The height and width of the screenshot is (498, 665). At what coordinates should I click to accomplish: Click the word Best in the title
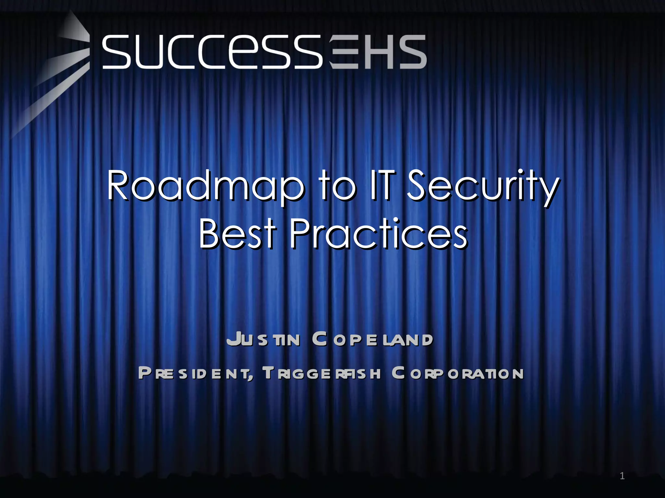237,233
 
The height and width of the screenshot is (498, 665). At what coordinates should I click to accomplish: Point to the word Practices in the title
378,233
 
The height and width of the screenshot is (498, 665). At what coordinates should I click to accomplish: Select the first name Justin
263,339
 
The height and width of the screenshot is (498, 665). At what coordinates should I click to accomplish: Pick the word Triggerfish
321,373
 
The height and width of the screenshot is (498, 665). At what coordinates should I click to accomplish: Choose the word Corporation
458,373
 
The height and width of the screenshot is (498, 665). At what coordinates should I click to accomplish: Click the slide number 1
622,476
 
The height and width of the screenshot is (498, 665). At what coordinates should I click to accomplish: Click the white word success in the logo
213,52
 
